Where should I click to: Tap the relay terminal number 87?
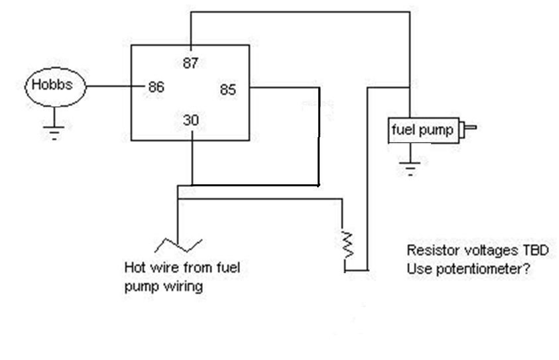coord(190,63)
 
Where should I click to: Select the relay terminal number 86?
coord(156,87)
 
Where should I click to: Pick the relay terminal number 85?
coord(228,90)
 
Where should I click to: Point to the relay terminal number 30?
coord(191,120)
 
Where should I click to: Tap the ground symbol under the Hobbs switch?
coord(54,133)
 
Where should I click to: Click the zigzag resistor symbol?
coord(347,245)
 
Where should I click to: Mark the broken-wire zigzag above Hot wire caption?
coord(178,245)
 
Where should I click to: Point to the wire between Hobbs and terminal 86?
coord(115,86)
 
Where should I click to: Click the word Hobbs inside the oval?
coord(52,84)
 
